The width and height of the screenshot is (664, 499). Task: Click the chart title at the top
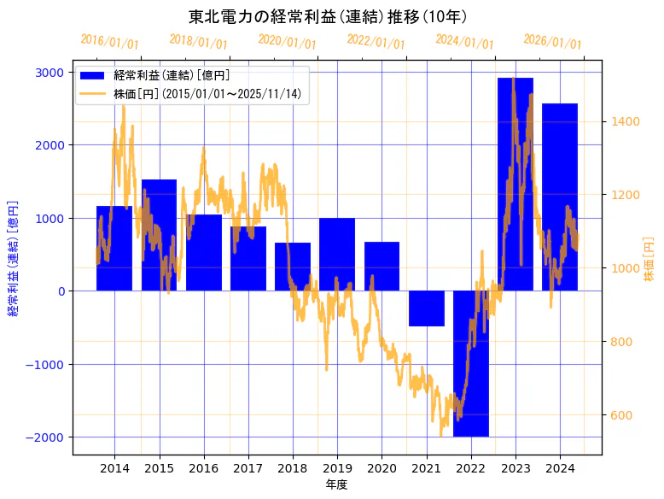(328, 16)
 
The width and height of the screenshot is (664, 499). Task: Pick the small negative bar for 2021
(426, 308)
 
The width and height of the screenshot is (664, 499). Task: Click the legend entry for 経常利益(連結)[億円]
(171, 75)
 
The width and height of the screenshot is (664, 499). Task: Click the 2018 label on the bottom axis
(293, 468)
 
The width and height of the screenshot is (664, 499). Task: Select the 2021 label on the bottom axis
(426, 468)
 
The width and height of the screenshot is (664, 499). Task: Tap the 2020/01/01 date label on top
(287, 41)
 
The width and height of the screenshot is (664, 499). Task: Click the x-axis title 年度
(336, 484)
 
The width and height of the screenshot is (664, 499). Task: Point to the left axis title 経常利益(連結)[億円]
(13, 258)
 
